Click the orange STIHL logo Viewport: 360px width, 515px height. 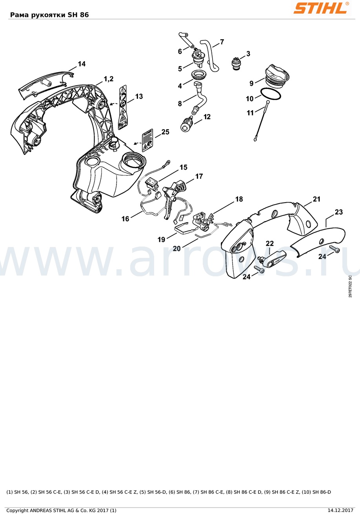click(x=321, y=8)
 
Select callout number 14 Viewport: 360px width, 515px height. click(x=82, y=64)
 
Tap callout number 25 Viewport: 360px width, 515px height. click(x=165, y=132)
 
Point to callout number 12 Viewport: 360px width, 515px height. click(x=207, y=117)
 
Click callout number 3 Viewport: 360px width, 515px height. click(x=248, y=54)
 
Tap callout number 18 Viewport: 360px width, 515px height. click(x=239, y=199)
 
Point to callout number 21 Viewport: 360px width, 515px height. click(x=316, y=199)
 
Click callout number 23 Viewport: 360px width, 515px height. click(x=338, y=212)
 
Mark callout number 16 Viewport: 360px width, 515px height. click(x=125, y=219)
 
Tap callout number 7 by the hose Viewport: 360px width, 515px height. click(x=222, y=42)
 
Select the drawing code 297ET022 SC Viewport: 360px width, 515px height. click(x=350, y=286)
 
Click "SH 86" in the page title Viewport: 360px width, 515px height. click(x=78, y=15)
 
